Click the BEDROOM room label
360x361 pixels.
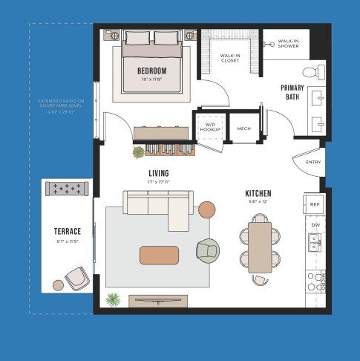point(151,71)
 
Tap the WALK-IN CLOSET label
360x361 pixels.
point(230,57)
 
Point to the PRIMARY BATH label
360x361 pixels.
point(292,92)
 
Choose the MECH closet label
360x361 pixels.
point(243,129)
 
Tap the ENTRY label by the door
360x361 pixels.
point(312,162)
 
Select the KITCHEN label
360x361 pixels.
point(258,195)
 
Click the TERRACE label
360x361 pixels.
point(67,231)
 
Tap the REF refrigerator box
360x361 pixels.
point(315,204)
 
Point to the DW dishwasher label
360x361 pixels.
point(315,224)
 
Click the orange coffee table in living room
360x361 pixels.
point(159,255)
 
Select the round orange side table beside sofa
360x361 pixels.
point(206,209)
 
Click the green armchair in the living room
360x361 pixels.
point(209,250)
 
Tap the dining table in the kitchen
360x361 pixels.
point(260,247)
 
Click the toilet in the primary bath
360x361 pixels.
point(320,71)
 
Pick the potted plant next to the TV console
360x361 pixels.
point(113,299)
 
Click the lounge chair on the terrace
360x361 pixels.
point(76,279)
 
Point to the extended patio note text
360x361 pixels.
point(61,106)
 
